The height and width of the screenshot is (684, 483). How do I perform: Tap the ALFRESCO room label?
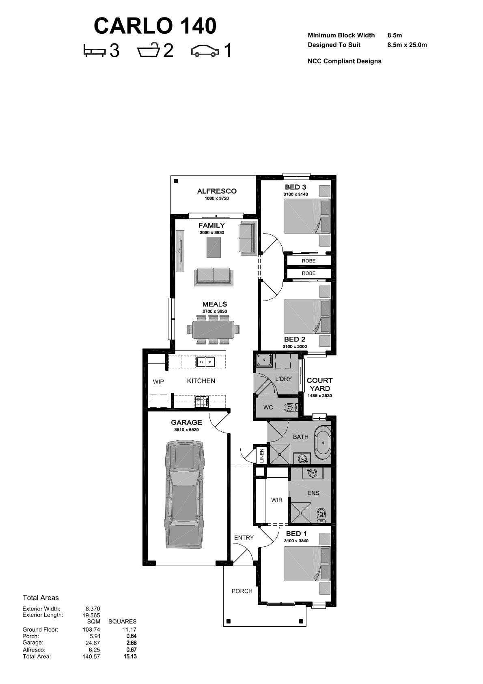click(217, 191)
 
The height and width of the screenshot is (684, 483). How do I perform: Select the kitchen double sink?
click(206, 362)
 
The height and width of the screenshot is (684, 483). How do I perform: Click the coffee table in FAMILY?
click(213, 248)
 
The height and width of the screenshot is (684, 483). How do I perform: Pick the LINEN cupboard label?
click(261, 455)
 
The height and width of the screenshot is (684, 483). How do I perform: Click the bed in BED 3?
click(307, 216)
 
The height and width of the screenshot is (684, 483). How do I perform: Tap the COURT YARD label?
click(319, 384)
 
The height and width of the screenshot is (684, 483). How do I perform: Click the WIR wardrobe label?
click(277, 500)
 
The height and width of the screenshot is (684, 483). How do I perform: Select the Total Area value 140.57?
click(91, 656)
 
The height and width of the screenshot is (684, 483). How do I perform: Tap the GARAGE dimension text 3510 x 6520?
click(186, 430)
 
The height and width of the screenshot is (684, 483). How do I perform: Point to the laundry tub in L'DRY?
click(264, 360)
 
